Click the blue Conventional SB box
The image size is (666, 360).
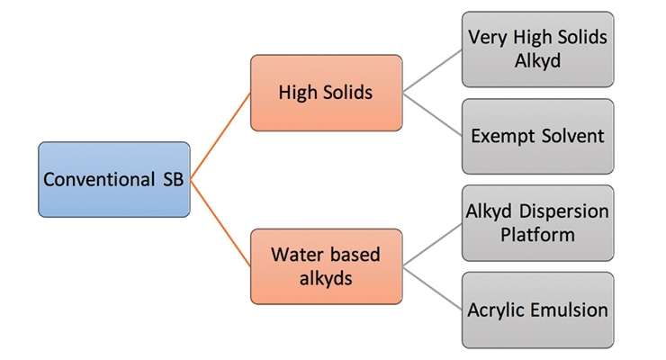coord(114,180)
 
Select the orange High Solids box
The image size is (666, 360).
coord(326,93)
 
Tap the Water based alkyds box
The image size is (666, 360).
coord(326,266)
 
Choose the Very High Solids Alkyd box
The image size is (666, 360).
coord(537,49)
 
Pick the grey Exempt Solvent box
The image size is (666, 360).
coord(537,136)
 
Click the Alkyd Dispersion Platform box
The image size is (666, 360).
coord(537,223)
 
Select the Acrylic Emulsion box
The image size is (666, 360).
coord(537,310)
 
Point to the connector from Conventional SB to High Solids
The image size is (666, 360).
coord(220,136)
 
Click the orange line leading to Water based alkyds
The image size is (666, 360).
coord(220,223)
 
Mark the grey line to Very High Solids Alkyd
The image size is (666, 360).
coord(432,71)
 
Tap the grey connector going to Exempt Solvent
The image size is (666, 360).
coord(432,114)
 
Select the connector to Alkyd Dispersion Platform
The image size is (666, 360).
coord(432,245)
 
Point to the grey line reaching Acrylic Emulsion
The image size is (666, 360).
coord(432,288)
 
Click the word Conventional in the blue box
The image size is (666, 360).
coord(99,179)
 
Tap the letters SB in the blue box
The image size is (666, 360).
coord(174,179)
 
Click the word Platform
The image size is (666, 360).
coord(537,234)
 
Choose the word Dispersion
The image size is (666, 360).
coord(563,211)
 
